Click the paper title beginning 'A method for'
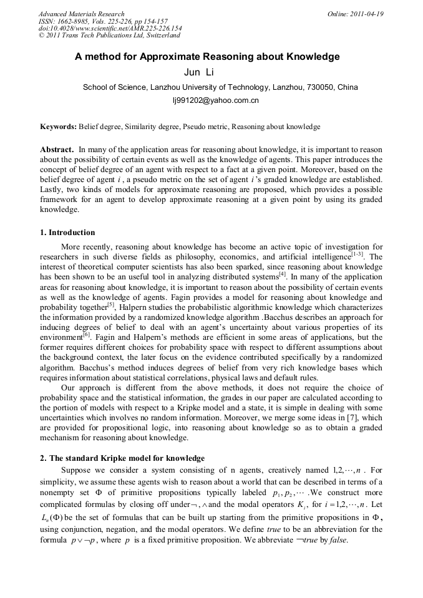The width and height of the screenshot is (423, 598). [x=207, y=57]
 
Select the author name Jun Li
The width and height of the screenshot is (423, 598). [x=199, y=72]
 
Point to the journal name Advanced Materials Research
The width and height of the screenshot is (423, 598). [x=81, y=14]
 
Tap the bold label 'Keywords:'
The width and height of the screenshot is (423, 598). [x=58, y=127]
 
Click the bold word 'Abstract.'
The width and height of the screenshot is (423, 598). [x=57, y=150]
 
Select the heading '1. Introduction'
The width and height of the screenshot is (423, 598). [x=68, y=233]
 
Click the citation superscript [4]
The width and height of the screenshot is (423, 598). [x=283, y=273]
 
